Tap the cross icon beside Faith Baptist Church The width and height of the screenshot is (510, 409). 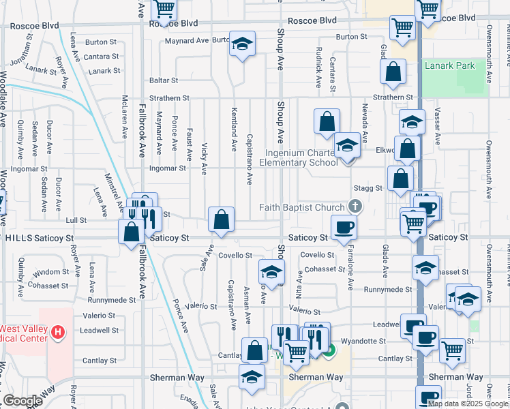coord(354,206)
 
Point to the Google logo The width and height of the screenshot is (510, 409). coord(22,402)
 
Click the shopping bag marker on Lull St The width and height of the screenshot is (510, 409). coord(222,221)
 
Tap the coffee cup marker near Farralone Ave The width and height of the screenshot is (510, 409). coord(344,228)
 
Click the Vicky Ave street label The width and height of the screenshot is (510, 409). coord(205,159)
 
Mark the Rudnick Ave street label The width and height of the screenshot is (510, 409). coord(318,68)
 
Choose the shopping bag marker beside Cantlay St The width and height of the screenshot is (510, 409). coord(254,351)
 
